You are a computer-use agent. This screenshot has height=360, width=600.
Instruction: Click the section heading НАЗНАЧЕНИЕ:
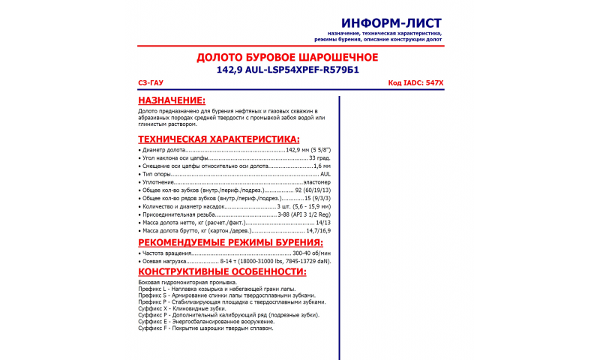click(172, 100)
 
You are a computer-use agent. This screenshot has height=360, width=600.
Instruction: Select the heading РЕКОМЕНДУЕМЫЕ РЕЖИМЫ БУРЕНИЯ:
click(231, 242)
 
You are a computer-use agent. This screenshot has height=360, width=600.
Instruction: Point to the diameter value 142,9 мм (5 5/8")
click(308, 150)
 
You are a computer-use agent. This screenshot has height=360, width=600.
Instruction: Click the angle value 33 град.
click(319, 158)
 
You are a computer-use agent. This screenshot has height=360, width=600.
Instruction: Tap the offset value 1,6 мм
click(322, 166)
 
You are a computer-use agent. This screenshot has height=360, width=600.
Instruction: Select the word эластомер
click(316, 182)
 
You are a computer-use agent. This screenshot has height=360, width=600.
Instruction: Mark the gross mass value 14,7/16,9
click(316, 230)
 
